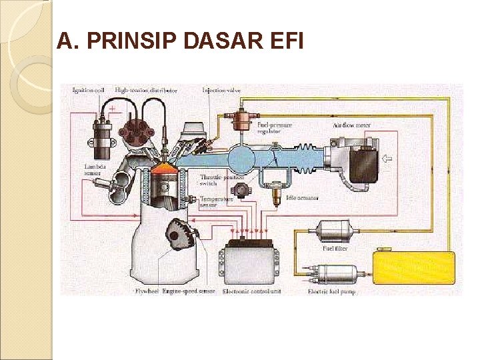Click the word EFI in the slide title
click(x=284, y=42)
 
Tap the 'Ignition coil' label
click(x=88, y=90)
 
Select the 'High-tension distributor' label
click(x=146, y=90)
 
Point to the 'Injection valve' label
click(x=221, y=90)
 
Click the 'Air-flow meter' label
click(x=351, y=125)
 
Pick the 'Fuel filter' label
click(x=335, y=248)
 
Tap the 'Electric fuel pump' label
click(x=332, y=291)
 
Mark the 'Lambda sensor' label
click(x=93, y=169)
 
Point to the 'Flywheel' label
click(x=146, y=291)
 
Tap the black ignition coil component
click(x=102, y=131)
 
